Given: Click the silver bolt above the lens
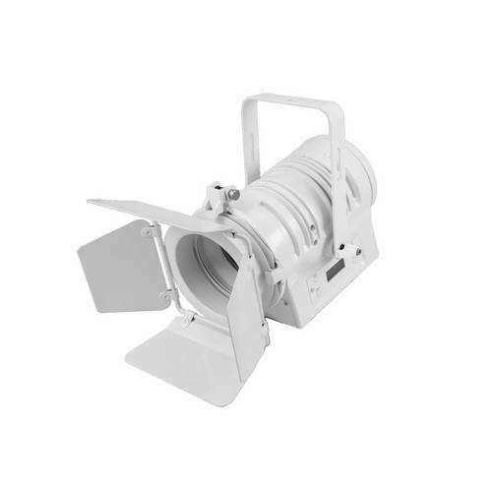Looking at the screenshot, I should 234,194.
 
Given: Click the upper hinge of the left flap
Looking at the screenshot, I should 147,232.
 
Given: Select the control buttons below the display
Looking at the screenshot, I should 318,286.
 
